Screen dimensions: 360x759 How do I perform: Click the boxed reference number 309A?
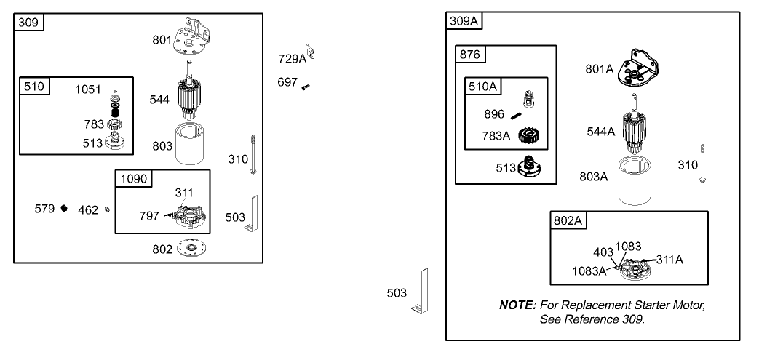(x=464, y=21)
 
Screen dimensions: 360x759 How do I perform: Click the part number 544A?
(x=600, y=132)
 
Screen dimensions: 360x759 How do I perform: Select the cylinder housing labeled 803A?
(x=638, y=181)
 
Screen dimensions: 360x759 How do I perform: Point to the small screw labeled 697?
(x=306, y=86)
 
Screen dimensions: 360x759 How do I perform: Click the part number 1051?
(x=90, y=89)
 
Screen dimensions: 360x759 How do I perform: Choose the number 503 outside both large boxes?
(x=397, y=293)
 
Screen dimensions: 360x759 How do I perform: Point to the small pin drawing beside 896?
(x=518, y=115)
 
